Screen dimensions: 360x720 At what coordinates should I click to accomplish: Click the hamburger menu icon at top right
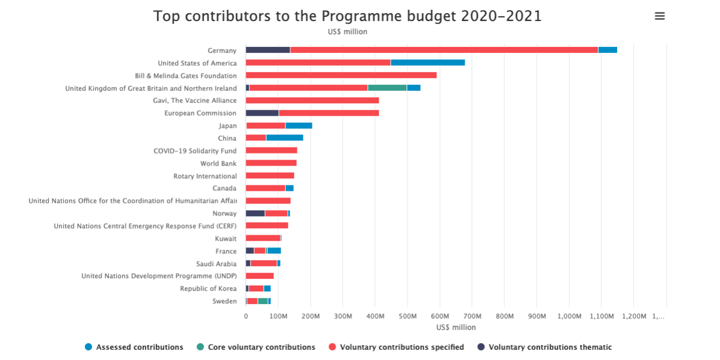660,16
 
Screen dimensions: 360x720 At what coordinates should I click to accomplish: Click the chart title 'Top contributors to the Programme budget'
347,16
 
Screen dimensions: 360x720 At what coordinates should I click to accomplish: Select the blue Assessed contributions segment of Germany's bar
607,50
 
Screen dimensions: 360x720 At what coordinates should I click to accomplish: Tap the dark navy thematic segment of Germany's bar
268,50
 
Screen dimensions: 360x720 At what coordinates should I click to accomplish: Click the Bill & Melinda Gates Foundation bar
341,75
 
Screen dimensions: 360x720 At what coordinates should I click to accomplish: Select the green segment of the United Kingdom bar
387,88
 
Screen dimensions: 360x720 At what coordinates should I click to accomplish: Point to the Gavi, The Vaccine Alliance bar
312,101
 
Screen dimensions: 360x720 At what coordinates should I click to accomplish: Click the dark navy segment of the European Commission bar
262,113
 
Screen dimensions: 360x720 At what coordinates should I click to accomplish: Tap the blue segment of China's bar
284,138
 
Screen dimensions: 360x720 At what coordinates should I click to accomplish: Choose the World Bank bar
271,163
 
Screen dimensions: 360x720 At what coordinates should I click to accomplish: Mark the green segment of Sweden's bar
263,301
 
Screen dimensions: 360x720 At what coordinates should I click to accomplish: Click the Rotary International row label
205,176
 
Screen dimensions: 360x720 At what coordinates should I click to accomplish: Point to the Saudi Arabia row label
216,264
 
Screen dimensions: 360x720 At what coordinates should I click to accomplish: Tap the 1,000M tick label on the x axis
569,316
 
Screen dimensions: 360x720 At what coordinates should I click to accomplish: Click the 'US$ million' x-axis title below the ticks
456,327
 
